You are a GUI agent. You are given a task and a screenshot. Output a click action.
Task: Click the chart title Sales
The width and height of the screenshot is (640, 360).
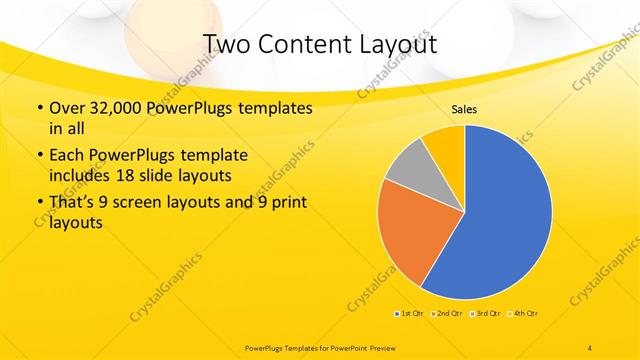463,109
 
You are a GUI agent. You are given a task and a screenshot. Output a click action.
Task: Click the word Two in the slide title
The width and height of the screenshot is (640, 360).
227,44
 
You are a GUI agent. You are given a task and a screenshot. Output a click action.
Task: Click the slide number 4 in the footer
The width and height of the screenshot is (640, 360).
590,347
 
